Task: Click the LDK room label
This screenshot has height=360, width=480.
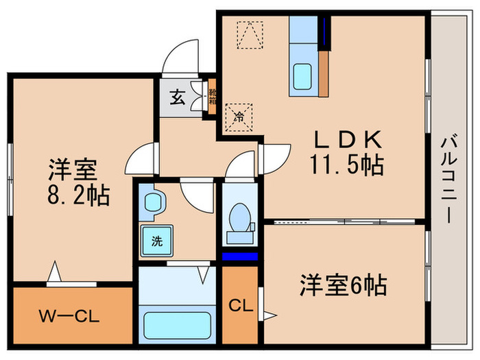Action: [x=347, y=139]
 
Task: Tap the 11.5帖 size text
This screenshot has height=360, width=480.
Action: [x=347, y=165]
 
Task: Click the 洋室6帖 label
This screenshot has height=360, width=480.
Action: [x=342, y=285]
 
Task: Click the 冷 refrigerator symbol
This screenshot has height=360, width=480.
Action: [x=240, y=116]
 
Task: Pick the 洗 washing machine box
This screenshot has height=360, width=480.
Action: [x=156, y=241]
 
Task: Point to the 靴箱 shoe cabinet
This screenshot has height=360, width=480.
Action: [x=213, y=96]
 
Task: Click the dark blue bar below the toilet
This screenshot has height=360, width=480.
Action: [x=240, y=256]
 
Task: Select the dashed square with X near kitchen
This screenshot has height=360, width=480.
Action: [x=250, y=34]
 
